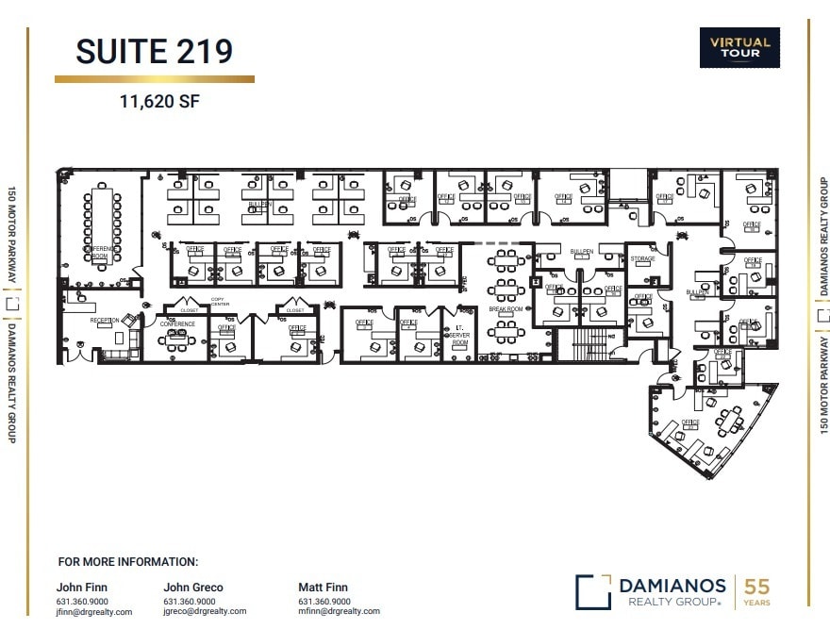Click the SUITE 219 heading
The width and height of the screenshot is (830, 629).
click(x=155, y=51)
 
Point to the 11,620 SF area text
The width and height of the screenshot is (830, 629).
click(x=159, y=101)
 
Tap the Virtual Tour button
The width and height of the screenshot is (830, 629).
click(x=739, y=47)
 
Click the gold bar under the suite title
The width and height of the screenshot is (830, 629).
click(x=155, y=79)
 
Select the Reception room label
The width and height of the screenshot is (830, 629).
click(x=105, y=321)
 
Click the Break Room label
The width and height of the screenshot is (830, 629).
click(x=506, y=309)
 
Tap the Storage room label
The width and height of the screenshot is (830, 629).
click(x=643, y=258)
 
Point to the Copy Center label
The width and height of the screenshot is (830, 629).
click(x=220, y=302)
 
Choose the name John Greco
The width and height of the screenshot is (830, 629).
click(x=193, y=588)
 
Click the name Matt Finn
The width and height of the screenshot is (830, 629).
click(x=323, y=588)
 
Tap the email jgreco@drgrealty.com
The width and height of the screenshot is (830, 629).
click(x=205, y=611)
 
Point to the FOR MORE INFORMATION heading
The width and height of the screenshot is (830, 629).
click(x=128, y=561)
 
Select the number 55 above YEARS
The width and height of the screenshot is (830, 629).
click(x=756, y=587)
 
